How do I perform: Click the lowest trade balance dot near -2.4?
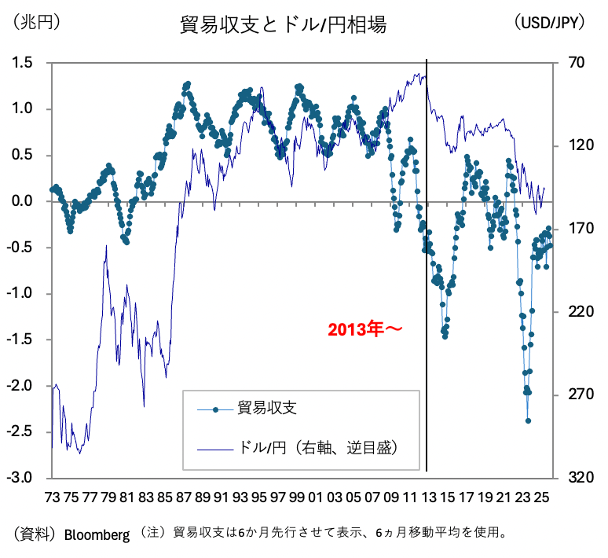[528, 420]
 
